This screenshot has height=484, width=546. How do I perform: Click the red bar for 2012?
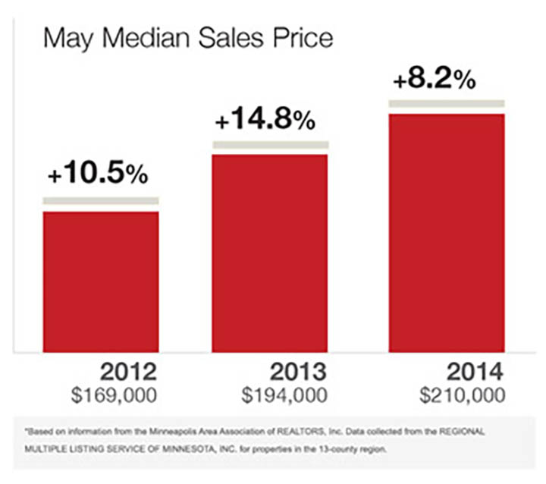coord(101,281)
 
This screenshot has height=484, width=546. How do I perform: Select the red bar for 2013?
coord(270,253)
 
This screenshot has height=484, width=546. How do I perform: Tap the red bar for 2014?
coord(447,233)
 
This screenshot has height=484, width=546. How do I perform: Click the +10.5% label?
coord(98,174)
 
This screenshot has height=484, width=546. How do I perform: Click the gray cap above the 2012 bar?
coord(101,200)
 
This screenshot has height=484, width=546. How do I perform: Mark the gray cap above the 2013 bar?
coord(270,144)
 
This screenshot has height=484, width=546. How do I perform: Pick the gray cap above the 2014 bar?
coord(447,102)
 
